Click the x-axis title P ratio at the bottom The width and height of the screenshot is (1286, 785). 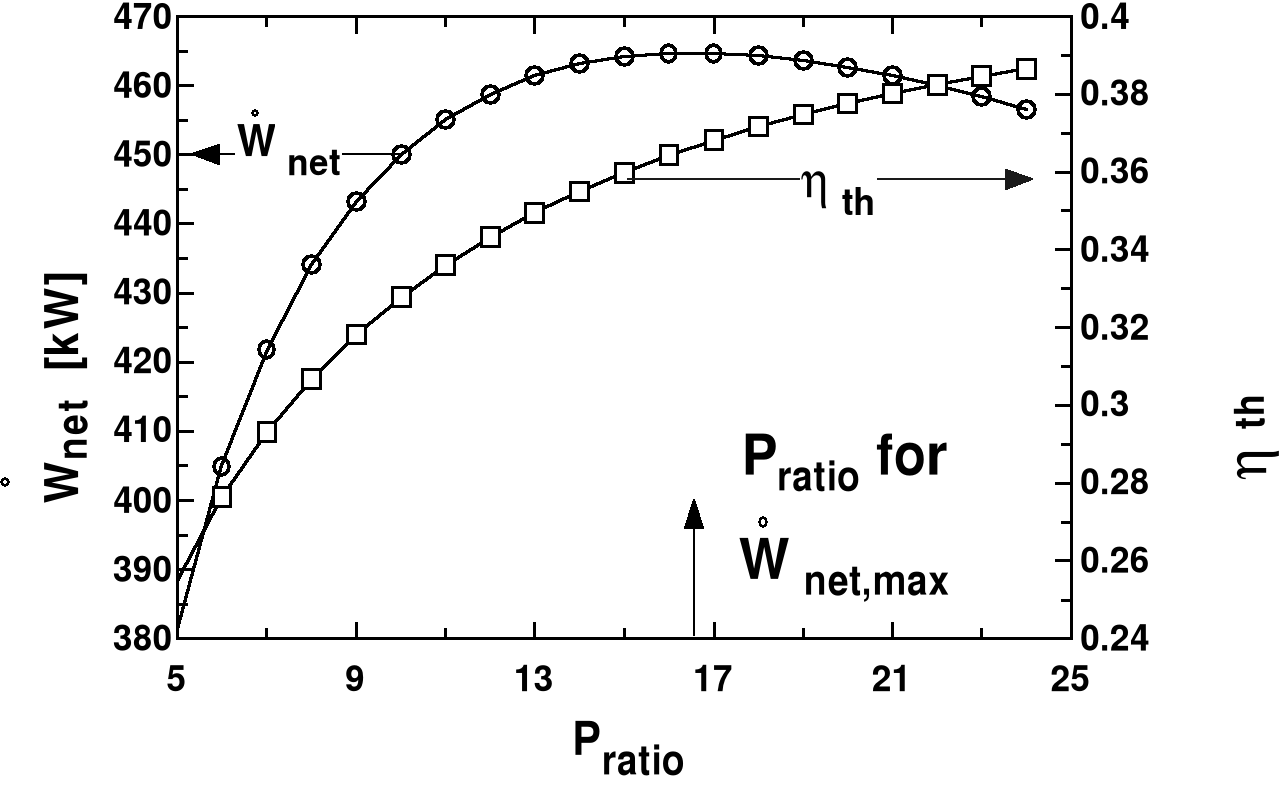[x=628, y=749]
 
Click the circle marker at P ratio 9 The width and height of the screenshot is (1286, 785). [x=356, y=201]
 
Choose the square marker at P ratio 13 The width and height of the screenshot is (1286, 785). [x=534, y=212]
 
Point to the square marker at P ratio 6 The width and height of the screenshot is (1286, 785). [x=222, y=496]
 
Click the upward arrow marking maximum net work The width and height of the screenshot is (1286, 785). [x=693, y=565]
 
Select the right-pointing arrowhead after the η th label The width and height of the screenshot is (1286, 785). [x=1018, y=179]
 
